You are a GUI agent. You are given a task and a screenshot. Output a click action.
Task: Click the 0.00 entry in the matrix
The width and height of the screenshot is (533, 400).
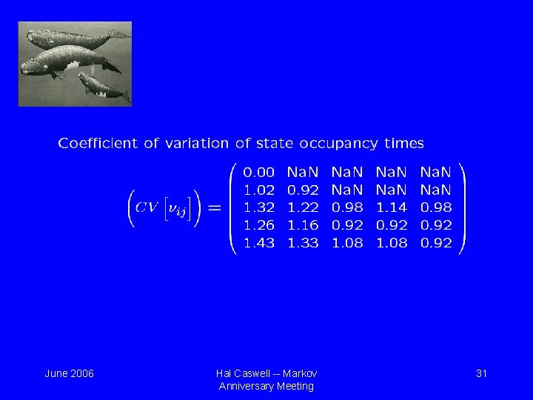click(259, 172)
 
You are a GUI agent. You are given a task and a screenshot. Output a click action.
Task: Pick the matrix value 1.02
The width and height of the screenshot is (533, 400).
click(259, 190)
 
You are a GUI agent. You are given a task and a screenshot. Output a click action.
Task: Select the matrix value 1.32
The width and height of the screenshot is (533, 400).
click(259, 207)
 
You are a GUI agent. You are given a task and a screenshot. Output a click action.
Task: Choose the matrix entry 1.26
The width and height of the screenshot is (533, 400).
click(259, 225)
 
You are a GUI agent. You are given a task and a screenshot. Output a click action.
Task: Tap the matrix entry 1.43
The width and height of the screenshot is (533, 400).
click(259, 243)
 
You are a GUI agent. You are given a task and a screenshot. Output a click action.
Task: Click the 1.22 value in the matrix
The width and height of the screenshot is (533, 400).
click(303, 207)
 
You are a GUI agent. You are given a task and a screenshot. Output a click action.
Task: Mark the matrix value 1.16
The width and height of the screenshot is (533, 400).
click(303, 225)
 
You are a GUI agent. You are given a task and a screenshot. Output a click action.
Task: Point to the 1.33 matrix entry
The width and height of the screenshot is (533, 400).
click(303, 243)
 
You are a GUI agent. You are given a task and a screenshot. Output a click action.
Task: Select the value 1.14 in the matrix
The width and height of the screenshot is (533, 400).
click(392, 207)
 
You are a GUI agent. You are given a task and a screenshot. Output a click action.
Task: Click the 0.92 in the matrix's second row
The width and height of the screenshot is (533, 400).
click(303, 190)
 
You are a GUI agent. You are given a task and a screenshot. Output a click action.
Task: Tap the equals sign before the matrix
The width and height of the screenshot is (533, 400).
click(214, 208)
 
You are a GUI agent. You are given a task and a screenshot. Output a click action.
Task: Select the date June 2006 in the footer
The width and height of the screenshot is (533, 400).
click(69, 373)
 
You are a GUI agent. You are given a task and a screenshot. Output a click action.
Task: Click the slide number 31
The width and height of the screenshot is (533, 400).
click(481, 373)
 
